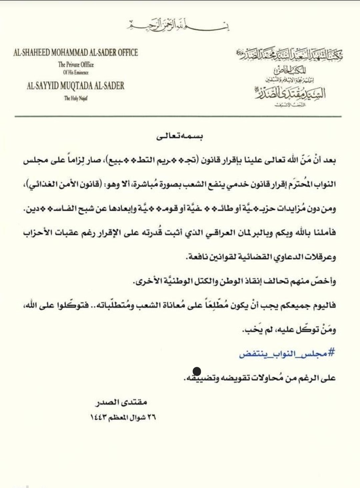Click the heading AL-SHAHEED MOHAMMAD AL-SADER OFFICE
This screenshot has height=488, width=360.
pyautogui.click(x=76, y=53)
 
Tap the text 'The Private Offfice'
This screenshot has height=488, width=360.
pyautogui.click(x=76, y=65)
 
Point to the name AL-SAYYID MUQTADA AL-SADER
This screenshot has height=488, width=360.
pyautogui.click(x=76, y=86)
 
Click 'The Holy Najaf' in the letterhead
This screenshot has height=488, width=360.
pyautogui.click(x=76, y=98)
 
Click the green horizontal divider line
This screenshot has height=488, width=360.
pyautogui.click(x=179, y=116)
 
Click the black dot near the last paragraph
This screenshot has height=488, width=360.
pyautogui.click(x=197, y=371)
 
